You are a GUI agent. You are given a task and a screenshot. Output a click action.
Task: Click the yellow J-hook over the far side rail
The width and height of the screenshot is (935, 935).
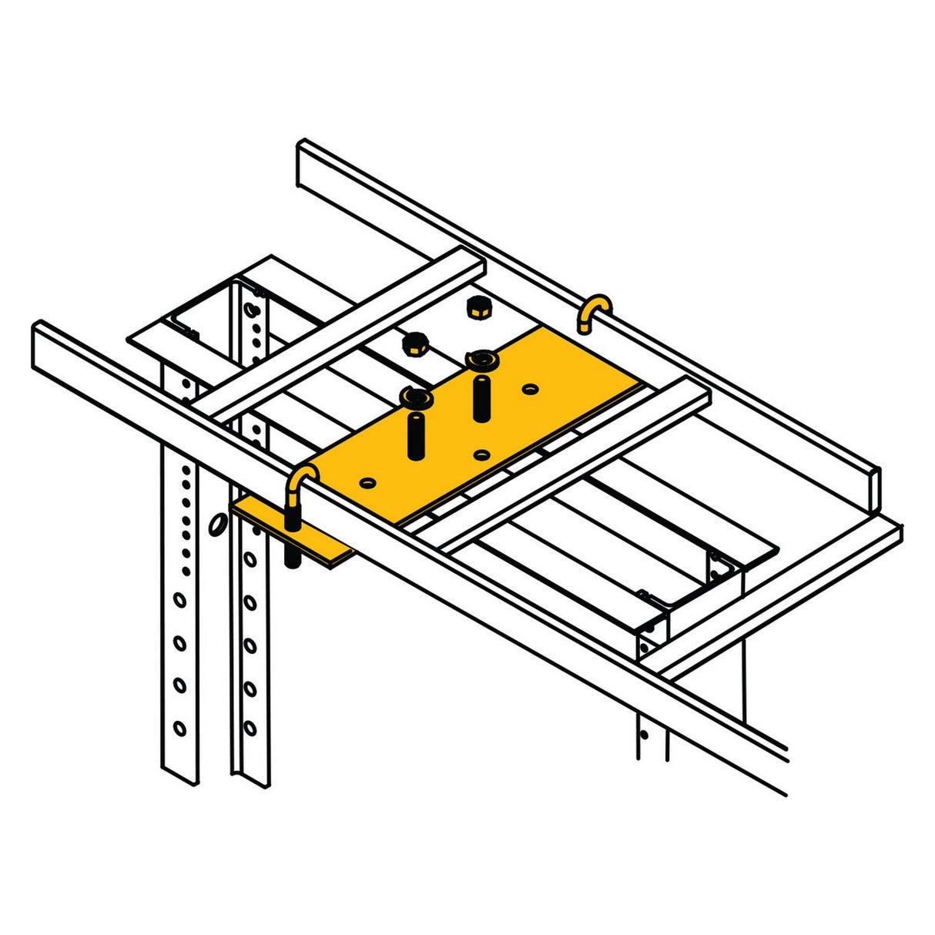click(x=595, y=310)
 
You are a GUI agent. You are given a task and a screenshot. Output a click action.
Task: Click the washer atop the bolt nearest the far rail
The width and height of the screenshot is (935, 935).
click(x=482, y=359)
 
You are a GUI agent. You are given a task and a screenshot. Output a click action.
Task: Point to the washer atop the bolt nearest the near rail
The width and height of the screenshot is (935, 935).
click(x=416, y=398)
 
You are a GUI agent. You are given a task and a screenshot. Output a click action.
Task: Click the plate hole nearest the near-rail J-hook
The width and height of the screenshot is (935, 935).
click(x=367, y=482)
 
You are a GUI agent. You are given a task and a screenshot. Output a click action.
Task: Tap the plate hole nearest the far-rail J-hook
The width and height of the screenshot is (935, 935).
click(x=529, y=389)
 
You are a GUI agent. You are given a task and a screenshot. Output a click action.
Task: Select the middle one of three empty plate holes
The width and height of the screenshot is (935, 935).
click(x=482, y=454)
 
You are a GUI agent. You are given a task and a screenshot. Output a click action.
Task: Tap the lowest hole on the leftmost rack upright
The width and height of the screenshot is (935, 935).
click(x=179, y=727)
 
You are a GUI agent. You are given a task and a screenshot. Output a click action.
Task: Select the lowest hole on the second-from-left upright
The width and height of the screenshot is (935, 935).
click(x=250, y=726)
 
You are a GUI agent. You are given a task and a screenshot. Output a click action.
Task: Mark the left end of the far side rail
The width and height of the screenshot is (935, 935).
click(x=303, y=163)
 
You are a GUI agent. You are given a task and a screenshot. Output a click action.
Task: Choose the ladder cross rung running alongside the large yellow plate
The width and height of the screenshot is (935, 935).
click(x=570, y=462)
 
